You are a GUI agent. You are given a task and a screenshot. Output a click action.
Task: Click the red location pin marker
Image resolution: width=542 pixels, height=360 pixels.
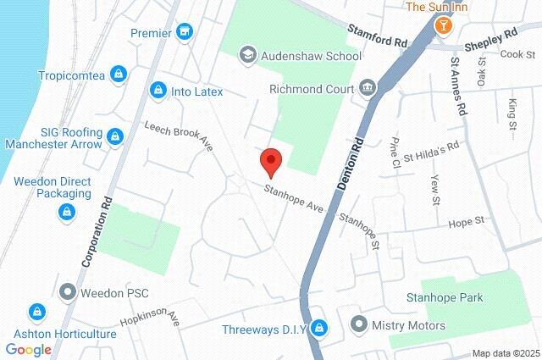270,160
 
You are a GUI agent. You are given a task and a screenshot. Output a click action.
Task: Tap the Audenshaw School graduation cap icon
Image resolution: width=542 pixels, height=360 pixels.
247,56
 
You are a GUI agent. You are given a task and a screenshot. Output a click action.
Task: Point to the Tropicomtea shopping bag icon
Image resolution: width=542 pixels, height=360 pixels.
119,75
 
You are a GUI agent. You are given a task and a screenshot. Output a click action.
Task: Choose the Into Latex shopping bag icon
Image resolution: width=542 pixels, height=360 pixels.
158,90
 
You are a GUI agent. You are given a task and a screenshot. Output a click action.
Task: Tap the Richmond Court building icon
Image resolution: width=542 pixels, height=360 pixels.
368,86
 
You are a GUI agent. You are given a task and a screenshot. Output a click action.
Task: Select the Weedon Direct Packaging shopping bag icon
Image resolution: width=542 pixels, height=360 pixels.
65,213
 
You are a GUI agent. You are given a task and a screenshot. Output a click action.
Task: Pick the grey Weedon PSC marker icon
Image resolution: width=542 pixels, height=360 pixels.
68,293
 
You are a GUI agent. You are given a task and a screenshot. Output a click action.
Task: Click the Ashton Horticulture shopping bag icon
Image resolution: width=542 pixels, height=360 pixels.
36,313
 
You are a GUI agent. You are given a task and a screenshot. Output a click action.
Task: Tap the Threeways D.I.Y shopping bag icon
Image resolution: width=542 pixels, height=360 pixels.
318,328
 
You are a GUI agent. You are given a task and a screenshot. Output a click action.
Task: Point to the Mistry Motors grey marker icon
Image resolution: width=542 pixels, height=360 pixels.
359,324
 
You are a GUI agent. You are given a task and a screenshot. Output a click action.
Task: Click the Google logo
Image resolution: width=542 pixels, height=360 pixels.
28,349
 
